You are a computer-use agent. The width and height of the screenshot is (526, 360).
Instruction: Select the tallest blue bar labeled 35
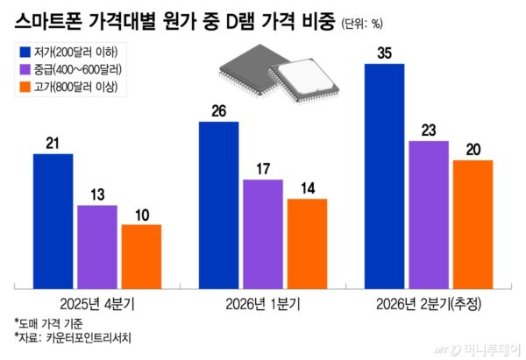(x=383, y=175)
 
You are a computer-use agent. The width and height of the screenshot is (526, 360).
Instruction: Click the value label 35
(x=383, y=53)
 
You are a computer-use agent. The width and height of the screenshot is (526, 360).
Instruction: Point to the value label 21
(x=53, y=143)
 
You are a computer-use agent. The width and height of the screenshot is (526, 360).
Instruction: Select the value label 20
(x=472, y=149)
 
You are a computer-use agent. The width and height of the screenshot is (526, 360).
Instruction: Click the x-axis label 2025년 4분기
(x=97, y=303)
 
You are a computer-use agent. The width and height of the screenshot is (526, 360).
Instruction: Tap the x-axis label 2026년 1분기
(x=262, y=303)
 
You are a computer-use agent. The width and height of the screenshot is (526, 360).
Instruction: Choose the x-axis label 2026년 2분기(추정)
(x=428, y=303)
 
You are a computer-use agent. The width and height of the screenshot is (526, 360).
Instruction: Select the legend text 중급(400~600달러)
(x=80, y=68)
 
